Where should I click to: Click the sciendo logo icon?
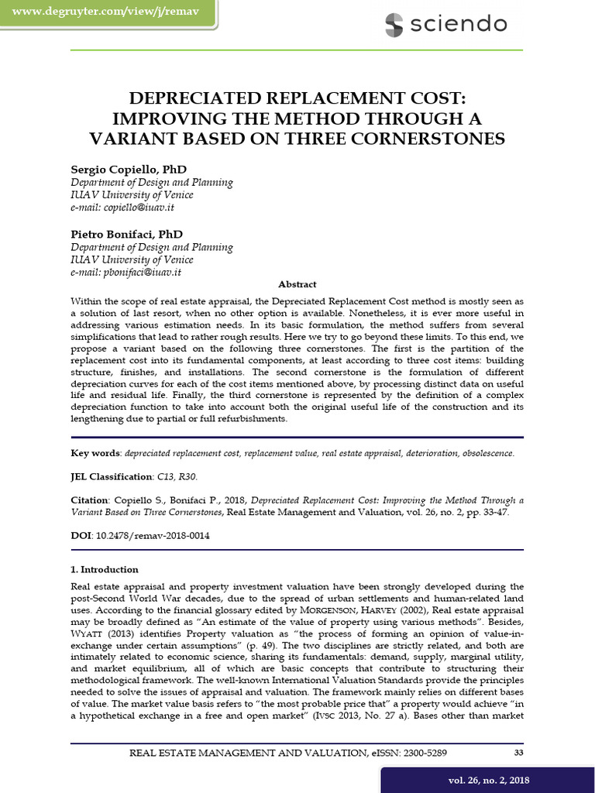pos(394,25)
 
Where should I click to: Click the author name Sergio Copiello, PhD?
pos(129,169)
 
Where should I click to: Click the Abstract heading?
pos(297,285)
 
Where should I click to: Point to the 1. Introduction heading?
pos(105,570)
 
